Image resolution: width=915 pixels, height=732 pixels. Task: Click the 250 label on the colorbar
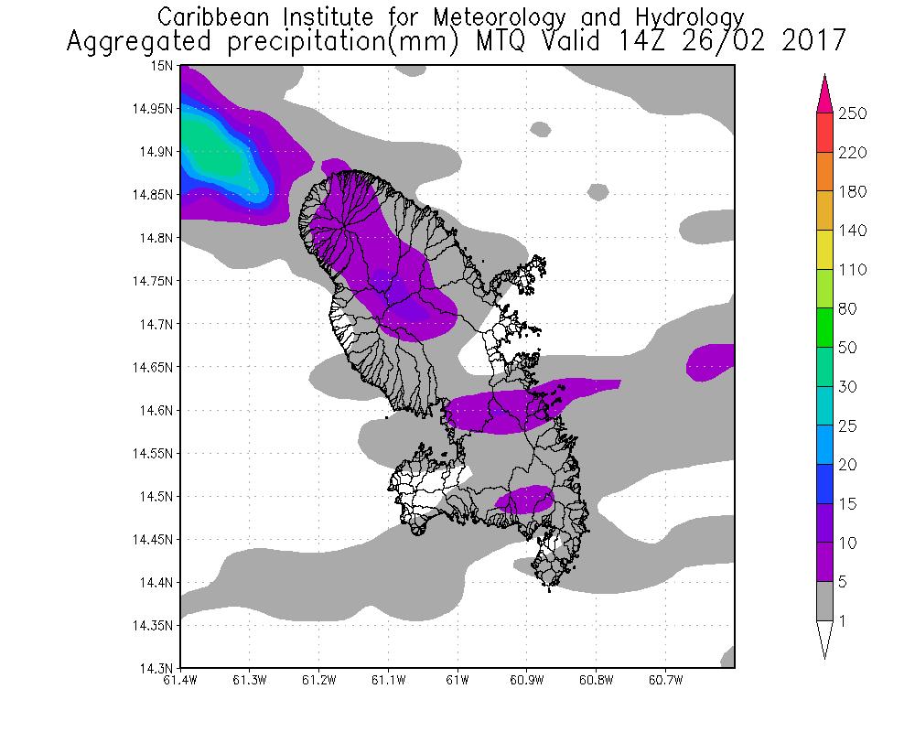(x=852, y=113)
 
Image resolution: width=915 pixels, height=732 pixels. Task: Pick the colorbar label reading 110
(x=852, y=270)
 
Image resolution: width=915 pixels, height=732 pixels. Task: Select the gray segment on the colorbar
(x=824, y=601)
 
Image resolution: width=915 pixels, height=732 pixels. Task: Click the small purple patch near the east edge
(x=712, y=361)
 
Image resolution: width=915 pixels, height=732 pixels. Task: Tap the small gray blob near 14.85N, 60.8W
(x=597, y=192)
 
